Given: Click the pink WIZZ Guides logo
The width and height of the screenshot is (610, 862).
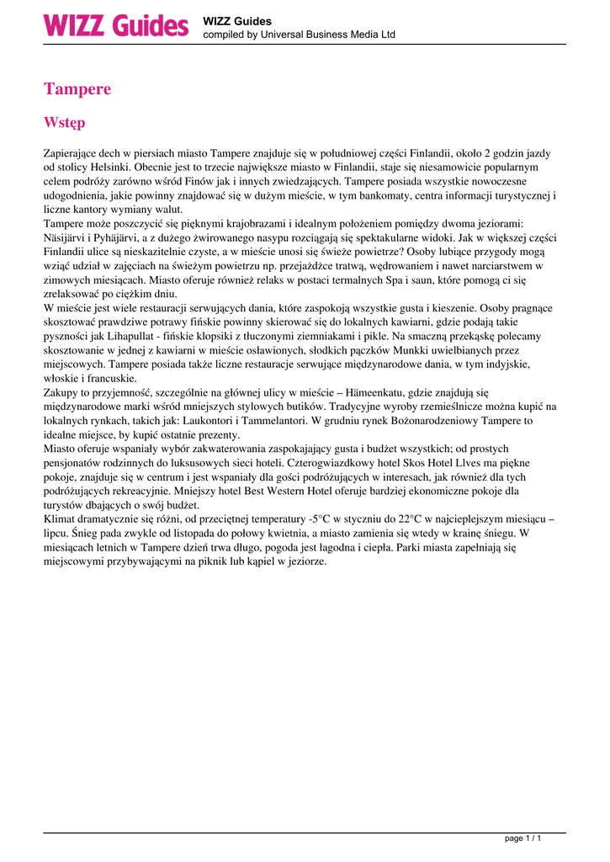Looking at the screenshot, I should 117,26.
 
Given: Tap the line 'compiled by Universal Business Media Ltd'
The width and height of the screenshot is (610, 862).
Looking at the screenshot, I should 299,35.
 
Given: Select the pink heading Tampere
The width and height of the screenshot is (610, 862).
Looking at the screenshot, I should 77,89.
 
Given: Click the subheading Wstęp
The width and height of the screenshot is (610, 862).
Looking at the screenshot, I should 64,123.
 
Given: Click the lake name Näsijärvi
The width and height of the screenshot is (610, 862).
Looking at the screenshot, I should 66,237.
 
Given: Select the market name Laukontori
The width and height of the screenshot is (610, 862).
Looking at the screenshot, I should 190,420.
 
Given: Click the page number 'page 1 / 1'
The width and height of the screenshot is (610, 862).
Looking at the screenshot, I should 522,838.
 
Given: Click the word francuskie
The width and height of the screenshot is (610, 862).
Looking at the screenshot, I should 109,379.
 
